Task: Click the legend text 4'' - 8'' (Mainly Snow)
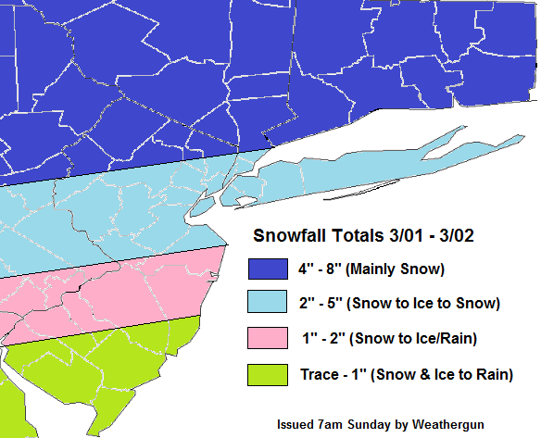371,269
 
